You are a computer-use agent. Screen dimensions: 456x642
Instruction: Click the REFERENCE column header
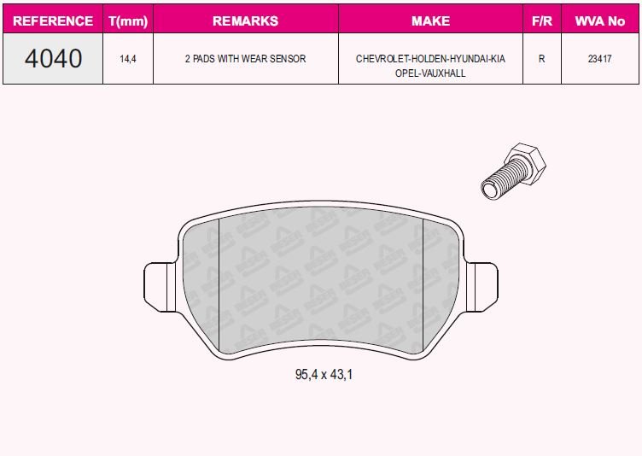(x=53, y=20)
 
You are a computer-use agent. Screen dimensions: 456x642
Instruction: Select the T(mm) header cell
(x=128, y=20)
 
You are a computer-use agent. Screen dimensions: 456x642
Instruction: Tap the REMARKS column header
(x=245, y=20)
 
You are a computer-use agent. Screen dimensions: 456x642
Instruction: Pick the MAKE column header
(x=430, y=20)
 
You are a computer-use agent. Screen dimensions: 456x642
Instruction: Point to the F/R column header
(x=541, y=20)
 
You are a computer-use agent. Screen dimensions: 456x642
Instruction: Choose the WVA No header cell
(x=600, y=20)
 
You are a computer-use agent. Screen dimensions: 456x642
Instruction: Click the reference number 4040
(x=53, y=59)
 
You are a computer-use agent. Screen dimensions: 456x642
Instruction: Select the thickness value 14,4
(x=128, y=59)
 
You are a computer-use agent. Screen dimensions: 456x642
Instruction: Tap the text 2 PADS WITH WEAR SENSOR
(x=245, y=59)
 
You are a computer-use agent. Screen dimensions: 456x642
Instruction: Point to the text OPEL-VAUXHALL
(x=430, y=73)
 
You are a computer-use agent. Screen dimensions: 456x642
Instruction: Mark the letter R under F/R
(x=541, y=59)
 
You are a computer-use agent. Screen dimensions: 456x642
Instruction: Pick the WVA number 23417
(x=600, y=59)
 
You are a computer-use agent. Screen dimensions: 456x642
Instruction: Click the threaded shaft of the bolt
(x=496, y=183)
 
